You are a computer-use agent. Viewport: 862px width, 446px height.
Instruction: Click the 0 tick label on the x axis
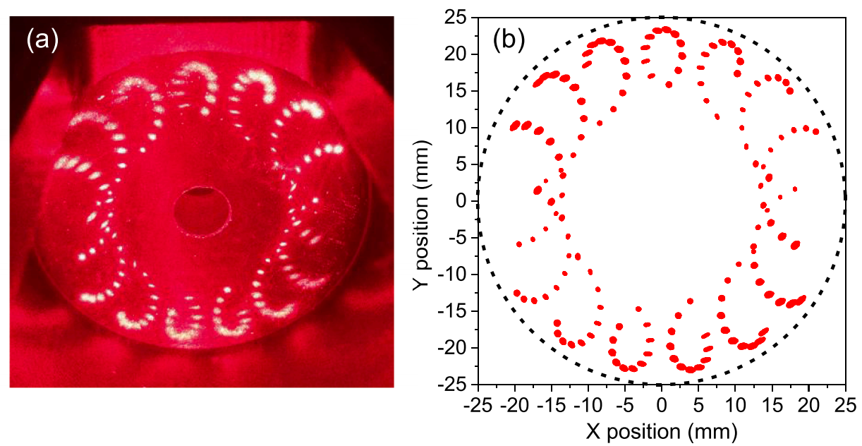661,406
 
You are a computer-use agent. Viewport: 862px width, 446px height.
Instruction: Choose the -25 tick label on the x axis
477,406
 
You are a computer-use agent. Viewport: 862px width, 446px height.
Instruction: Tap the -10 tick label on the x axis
587,406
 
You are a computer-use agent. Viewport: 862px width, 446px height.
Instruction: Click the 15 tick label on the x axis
771,406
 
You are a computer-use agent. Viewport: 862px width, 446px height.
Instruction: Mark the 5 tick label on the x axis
698,406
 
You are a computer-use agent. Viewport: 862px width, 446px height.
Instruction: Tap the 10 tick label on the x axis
734,406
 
